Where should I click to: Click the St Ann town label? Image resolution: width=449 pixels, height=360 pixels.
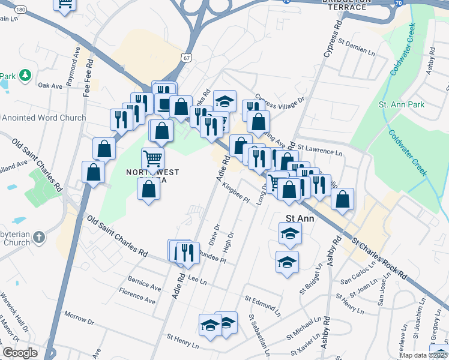click(x=299, y=218)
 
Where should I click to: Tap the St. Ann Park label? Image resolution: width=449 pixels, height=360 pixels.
click(x=402, y=104)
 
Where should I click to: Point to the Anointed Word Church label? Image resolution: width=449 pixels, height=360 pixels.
click(x=44, y=118)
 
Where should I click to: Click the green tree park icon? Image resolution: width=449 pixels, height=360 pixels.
click(x=25, y=76)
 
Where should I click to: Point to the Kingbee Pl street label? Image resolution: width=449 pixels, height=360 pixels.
click(x=235, y=194)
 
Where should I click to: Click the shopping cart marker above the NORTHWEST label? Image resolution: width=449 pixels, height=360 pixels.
click(x=153, y=160)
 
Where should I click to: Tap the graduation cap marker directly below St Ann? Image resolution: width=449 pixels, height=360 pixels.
click(x=290, y=233)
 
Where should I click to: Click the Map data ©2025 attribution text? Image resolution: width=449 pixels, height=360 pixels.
click(x=424, y=355)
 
